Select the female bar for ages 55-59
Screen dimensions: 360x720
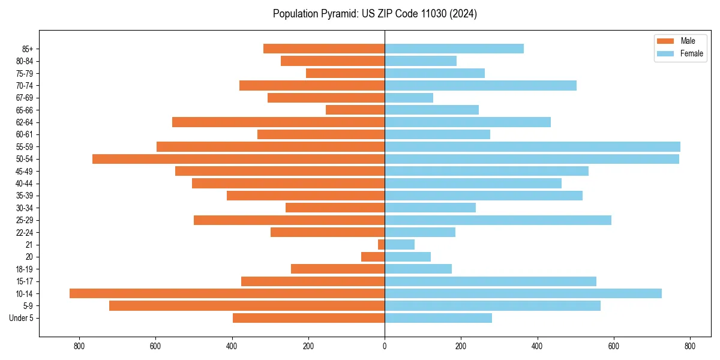coord(532,146)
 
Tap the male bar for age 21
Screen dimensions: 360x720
coord(381,245)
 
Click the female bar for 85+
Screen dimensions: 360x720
coord(454,49)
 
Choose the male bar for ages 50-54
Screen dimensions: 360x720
coord(238,159)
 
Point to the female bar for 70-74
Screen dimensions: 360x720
coord(480,85)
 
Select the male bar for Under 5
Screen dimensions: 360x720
coord(308,318)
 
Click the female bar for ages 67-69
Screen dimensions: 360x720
coord(409,98)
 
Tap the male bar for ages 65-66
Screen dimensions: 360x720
coord(355,110)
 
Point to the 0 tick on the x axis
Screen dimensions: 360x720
coord(385,346)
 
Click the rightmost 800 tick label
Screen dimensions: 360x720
coord(689,346)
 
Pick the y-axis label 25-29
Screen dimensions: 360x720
coord(25,220)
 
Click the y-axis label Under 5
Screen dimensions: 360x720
coord(22,318)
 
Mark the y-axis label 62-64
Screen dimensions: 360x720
coord(25,122)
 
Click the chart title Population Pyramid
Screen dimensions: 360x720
coord(374,14)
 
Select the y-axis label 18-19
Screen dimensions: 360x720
coord(25,269)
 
